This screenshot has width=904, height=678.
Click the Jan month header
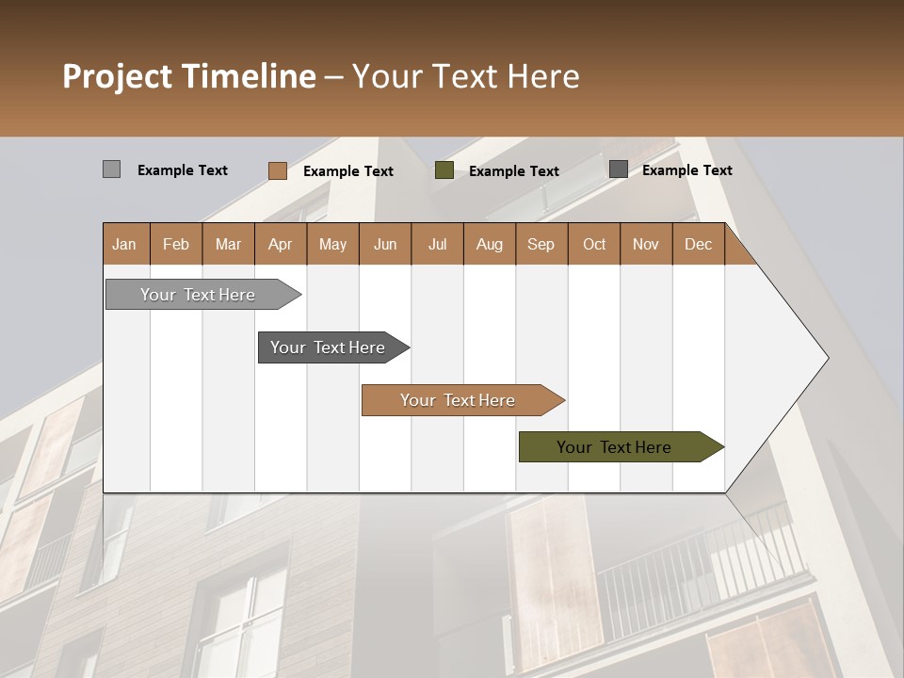click(125, 244)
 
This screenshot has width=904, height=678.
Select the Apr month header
click(281, 244)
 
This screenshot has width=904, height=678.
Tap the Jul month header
click(437, 244)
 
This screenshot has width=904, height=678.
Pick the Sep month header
click(541, 244)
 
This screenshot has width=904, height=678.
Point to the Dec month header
click(698, 244)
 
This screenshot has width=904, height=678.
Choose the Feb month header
click(176, 244)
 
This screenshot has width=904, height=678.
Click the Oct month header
click(594, 244)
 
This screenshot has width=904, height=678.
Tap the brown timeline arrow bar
click(459, 400)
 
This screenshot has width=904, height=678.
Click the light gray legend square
click(111, 169)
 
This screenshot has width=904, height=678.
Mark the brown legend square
click(277, 170)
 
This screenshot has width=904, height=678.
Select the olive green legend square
click(444, 170)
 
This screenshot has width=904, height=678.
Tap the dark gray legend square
click(619, 169)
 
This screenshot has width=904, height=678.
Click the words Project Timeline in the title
click(188, 76)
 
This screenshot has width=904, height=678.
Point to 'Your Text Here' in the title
click(466, 76)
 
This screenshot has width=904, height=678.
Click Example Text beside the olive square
click(514, 170)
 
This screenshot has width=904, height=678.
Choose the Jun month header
click(385, 244)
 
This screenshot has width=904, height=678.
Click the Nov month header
click(646, 244)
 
